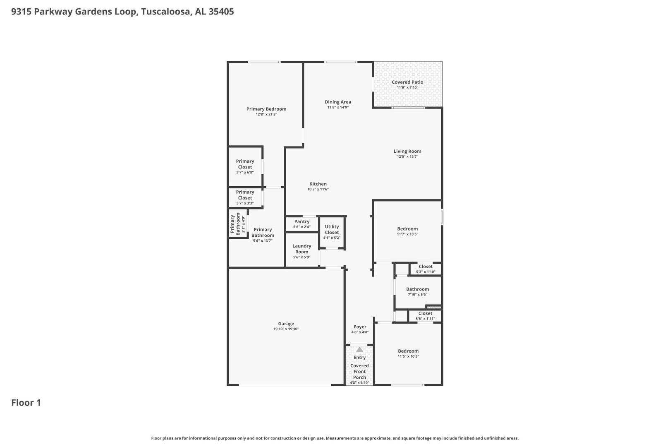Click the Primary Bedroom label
(266, 109)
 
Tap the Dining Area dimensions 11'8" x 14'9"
(338, 108)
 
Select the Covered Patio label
(407, 82)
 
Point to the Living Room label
(407, 151)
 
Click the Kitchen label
(318, 184)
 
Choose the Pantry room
(302, 223)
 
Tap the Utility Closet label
(332, 229)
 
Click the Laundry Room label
(302, 249)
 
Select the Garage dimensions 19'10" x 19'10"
(286, 329)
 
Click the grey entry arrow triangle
(359, 349)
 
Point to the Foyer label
(360, 327)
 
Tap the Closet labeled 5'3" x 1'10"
(426, 269)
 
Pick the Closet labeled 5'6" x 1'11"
(425, 316)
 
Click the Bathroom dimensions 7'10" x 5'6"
(418, 295)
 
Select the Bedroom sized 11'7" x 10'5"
(407, 231)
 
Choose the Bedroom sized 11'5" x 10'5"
(408, 353)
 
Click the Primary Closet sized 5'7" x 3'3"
(245, 197)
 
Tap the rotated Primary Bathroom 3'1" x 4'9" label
(237, 224)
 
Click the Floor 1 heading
(26, 403)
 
